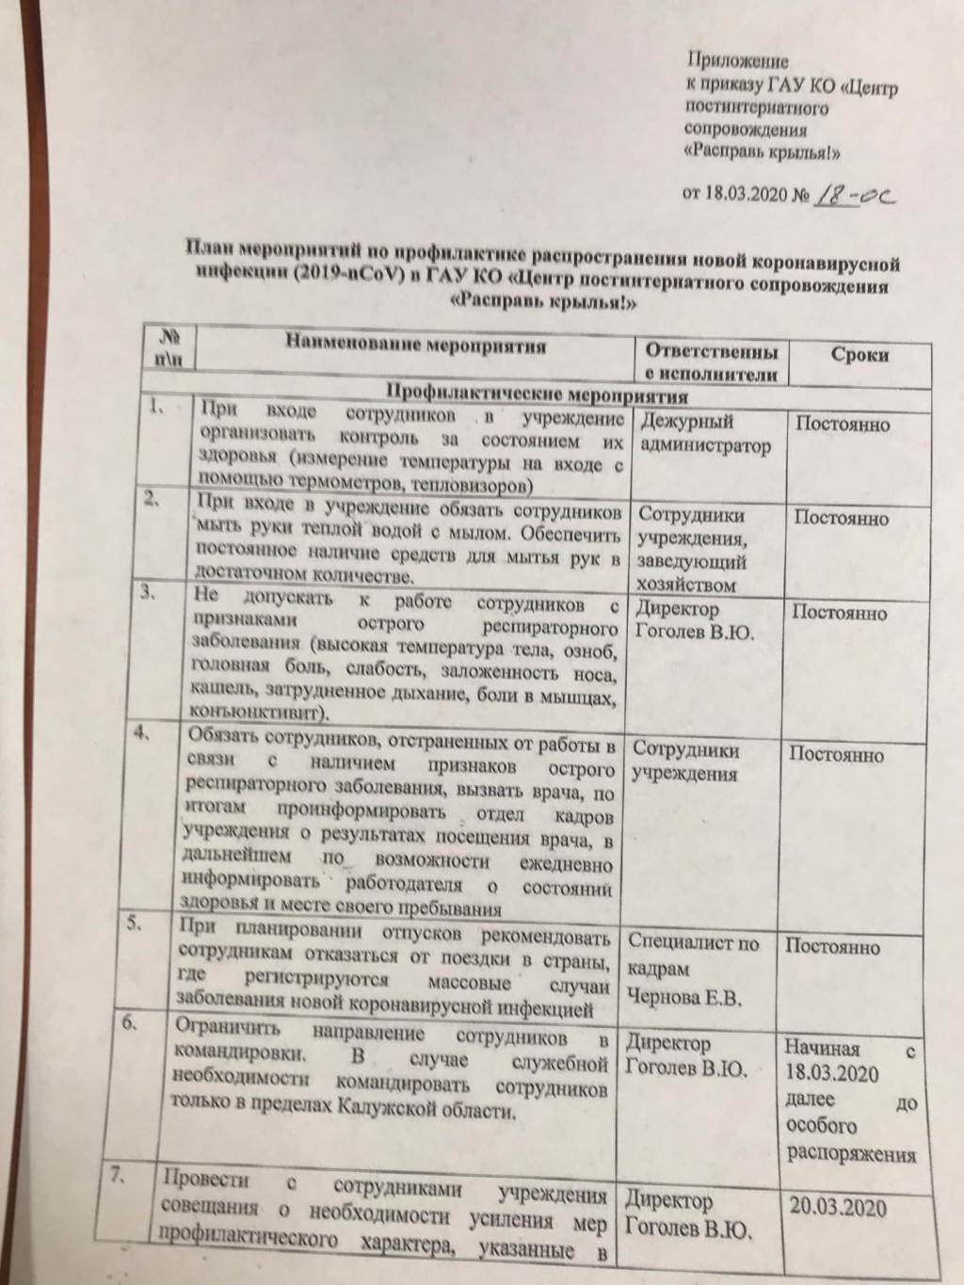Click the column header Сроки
tap(860, 355)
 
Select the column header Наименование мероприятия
tap(416, 347)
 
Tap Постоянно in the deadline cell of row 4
tap(835, 754)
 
